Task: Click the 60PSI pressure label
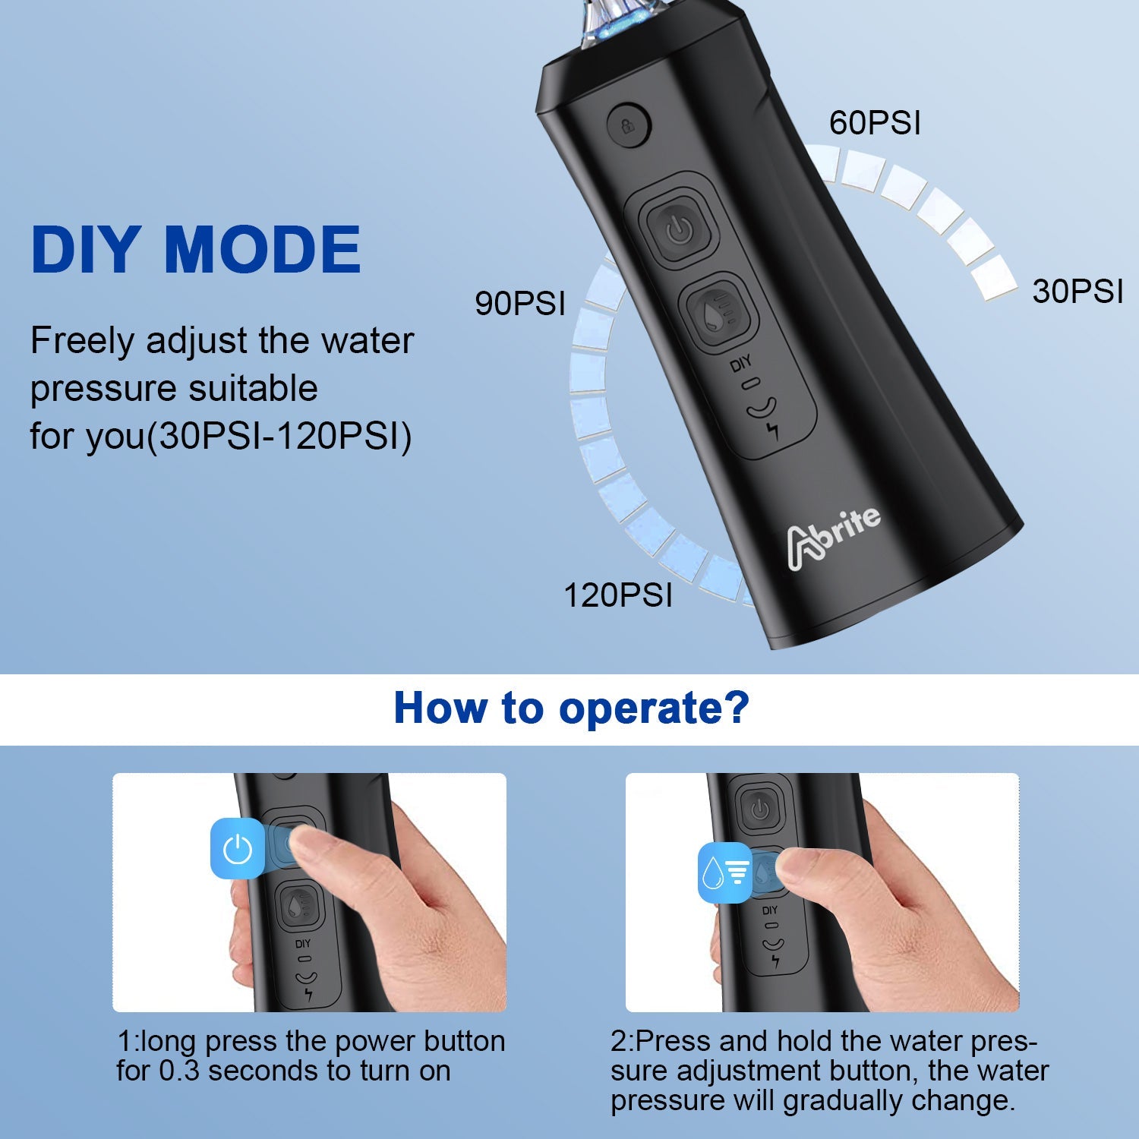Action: click(x=875, y=123)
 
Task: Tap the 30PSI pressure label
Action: click(x=1077, y=292)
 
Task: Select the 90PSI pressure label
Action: click(x=520, y=303)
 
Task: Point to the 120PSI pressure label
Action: click(x=617, y=595)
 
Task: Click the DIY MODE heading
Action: click(x=196, y=249)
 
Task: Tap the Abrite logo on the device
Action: click(x=833, y=536)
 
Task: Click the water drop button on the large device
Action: click(x=718, y=312)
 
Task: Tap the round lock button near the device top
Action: click(x=629, y=125)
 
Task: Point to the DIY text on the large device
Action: click(x=740, y=364)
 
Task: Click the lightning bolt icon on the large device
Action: click(x=773, y=431)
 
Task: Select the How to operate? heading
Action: click(x=571, y=708)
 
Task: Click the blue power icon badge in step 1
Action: click(x=238, y=848)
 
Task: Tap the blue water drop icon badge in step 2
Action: click(x=724, y=873)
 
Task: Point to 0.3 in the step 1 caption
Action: click(x=179, y=1071)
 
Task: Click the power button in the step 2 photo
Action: click(x=760, y=809)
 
